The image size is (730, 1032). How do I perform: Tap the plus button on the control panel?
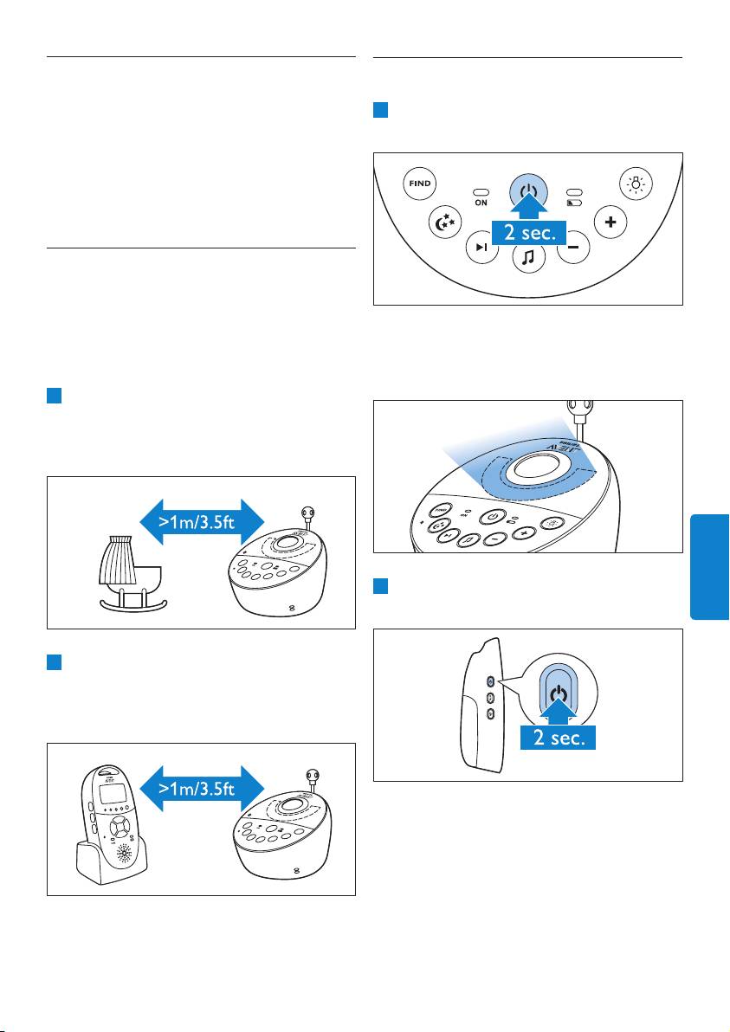(x=610, y=223)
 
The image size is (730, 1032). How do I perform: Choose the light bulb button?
(x=636, y=185)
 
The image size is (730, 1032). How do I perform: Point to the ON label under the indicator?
(x=481, y=203)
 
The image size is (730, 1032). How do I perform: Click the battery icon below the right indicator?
(x=573, y=203)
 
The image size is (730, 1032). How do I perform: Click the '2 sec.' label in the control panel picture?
(x=529, y=233)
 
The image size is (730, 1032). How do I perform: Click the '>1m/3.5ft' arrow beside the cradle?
(x=200, y=521)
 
